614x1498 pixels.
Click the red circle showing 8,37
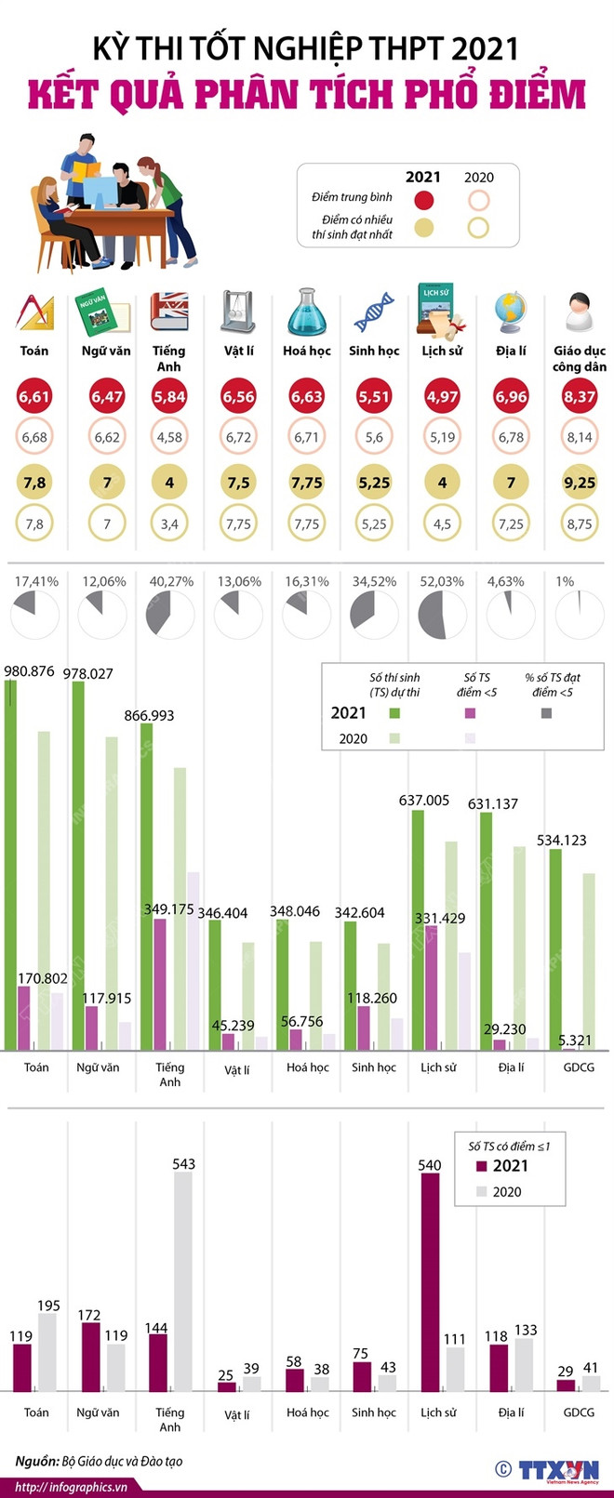[580, 397]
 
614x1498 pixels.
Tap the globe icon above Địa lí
[511, 312]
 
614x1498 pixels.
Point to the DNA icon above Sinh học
[374, 312]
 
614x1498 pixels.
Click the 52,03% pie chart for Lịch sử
[442, 615]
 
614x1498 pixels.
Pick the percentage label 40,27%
[171, 581]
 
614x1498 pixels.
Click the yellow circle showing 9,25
[580, 483]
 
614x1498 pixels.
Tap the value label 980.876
[29, 670]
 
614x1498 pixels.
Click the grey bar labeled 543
[183, 1280]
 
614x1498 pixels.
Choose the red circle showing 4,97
[442, 397]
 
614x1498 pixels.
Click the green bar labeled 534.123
[555, 948]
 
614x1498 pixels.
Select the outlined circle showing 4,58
[169, 437]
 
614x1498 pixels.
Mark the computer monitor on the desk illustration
[100, 190]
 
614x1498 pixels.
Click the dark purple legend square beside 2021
[481, 1166]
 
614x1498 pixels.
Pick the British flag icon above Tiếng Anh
[169, 312]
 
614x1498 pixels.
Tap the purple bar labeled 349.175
[160, 984]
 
